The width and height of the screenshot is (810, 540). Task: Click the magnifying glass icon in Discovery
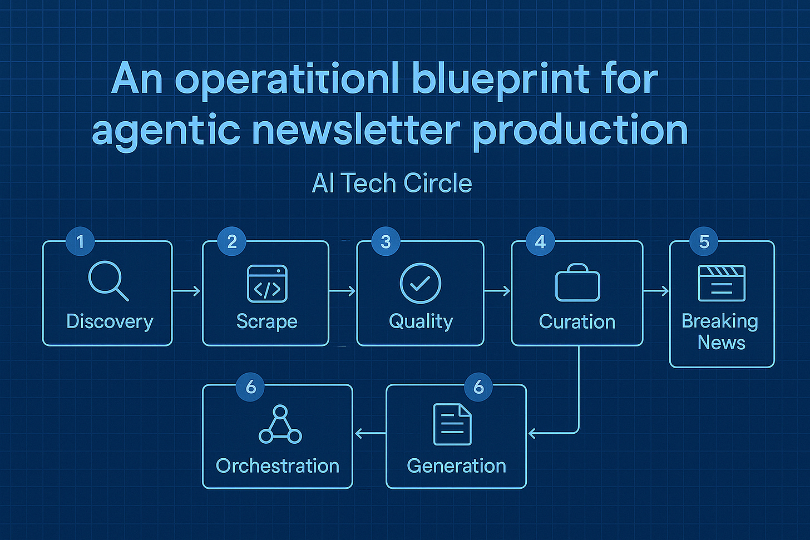tap(108, 282)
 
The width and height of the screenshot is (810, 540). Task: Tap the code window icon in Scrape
tap(267, 284)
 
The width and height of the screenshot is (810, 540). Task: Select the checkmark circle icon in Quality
tap(421, 284)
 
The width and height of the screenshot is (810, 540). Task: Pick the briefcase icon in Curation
tap(577, 283)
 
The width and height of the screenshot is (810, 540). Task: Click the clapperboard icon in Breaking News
tap(722, 283)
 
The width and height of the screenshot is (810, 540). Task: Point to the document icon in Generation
tap(452, 424)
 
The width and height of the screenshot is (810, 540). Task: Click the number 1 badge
tap(80, 241)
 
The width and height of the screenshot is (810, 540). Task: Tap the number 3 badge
tap(386, 241)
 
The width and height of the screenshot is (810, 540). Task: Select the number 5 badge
tap(704, 241)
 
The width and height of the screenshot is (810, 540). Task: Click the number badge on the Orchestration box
tap(250, 386)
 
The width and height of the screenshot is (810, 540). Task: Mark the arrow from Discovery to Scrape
tap(187, 291)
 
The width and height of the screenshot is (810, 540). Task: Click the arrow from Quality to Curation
tap(497, 291)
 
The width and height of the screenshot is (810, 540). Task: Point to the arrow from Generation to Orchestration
tap(370, 433)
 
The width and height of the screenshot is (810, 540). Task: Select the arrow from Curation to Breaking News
tap(656, 291)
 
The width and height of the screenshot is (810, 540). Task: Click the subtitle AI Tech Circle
tap(392, 183)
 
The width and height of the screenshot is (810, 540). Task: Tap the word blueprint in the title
tap(500, 79)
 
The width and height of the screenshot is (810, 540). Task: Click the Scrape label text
tap(267, 321)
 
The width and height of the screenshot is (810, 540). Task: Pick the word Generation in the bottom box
tap(456, 466)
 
